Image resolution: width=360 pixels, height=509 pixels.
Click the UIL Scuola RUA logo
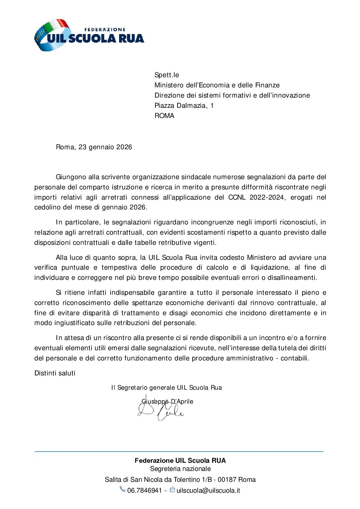89,35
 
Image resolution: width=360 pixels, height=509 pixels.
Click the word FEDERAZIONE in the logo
104,30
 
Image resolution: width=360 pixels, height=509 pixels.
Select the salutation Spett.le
166,75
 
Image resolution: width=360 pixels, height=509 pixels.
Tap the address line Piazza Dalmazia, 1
184,106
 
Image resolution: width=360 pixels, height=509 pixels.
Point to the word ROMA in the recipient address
164,116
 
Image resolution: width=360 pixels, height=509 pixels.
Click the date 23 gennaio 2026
105,147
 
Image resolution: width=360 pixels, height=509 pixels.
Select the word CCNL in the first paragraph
237,198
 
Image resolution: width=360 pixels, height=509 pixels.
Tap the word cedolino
47,207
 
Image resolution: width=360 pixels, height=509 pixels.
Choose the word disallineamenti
292,278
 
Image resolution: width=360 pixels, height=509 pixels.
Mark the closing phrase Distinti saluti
55,373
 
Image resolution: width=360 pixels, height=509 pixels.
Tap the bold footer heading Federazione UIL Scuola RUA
180,461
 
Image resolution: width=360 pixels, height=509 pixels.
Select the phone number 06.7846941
144,491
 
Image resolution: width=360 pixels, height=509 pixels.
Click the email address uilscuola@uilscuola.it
208,491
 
